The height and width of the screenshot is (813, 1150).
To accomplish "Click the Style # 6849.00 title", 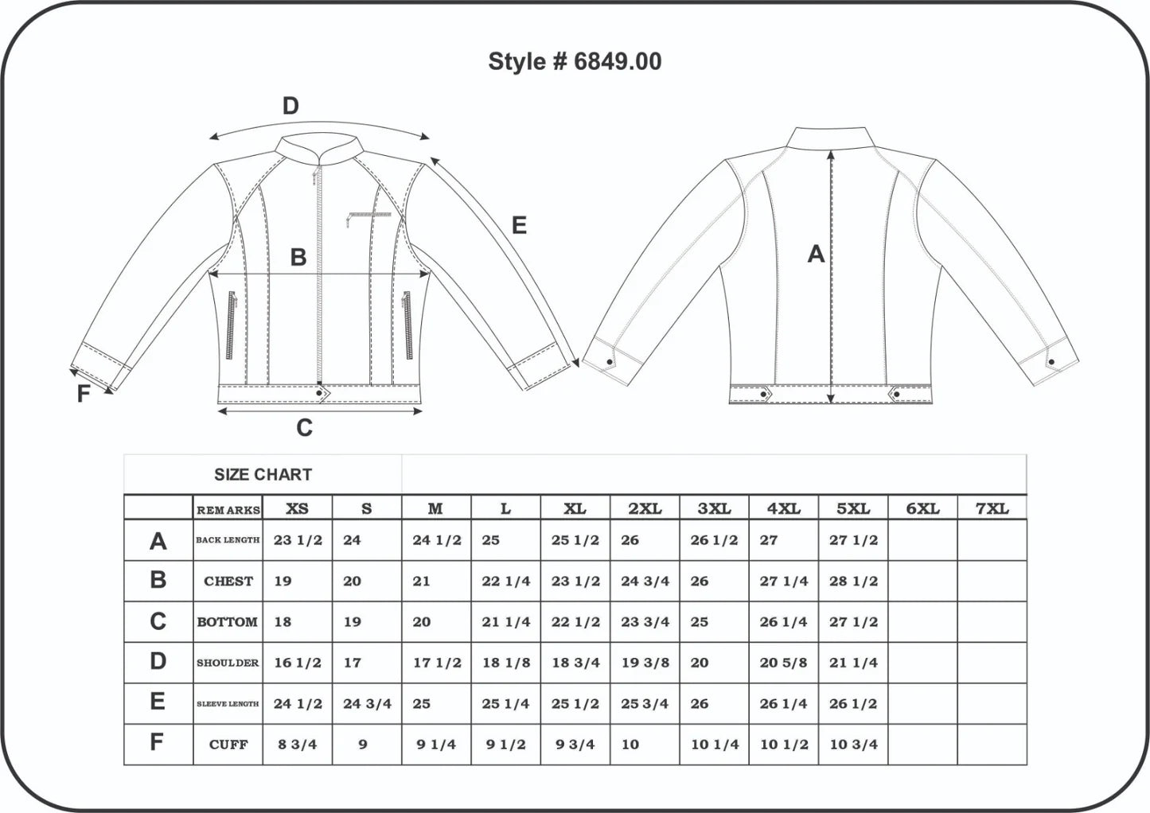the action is point(575,61).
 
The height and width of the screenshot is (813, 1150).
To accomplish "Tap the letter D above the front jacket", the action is point(290,107).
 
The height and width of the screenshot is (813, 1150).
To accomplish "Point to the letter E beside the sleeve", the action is point(519,225).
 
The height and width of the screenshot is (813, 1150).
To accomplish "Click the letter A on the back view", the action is point(816,254).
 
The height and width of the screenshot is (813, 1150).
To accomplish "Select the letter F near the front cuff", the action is point(84,394).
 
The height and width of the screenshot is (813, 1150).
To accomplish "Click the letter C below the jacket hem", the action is point(305,427).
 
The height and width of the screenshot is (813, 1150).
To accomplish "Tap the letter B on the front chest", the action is point(298,257).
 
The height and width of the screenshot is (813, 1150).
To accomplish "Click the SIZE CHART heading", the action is point(263,474).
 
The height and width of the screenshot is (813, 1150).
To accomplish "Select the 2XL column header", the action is point(645,508).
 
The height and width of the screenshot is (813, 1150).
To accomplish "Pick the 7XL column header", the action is point(992,508).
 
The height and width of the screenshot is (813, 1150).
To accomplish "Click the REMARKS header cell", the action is point(228,510).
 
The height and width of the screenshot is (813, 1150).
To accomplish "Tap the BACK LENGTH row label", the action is point(228,540).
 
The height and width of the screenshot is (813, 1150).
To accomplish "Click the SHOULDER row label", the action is point(228,663).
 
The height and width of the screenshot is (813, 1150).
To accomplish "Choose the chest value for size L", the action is point(505,581).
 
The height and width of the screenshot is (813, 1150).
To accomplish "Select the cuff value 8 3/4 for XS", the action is point(298,745).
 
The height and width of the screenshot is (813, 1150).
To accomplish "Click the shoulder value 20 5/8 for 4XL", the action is point(783,663).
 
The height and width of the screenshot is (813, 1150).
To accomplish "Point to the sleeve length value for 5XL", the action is point(853,703).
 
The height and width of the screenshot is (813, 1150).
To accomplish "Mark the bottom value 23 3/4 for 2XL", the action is point(645,621).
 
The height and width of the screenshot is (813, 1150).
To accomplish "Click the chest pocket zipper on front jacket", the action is point(368,218).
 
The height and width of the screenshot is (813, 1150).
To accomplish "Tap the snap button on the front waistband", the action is point(319,393).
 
